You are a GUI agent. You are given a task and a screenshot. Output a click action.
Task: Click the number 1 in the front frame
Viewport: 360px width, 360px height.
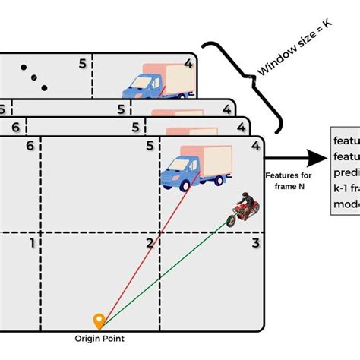[x=31, y=243]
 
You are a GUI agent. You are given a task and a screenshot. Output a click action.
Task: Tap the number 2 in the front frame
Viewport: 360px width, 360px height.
[x=150, y=243]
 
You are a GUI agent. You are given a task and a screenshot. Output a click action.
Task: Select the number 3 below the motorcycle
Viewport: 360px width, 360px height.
[x=257, y=243]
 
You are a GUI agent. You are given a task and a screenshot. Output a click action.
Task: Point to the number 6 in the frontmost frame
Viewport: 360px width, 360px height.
[x=30, y=144]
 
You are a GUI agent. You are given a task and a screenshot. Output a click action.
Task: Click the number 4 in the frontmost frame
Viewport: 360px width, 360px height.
[x=256, y=144]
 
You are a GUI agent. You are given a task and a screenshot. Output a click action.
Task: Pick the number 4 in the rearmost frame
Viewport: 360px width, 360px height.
[x=188, y=65]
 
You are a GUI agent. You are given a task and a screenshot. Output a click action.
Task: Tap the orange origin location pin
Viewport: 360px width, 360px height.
[x=98, y=321]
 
